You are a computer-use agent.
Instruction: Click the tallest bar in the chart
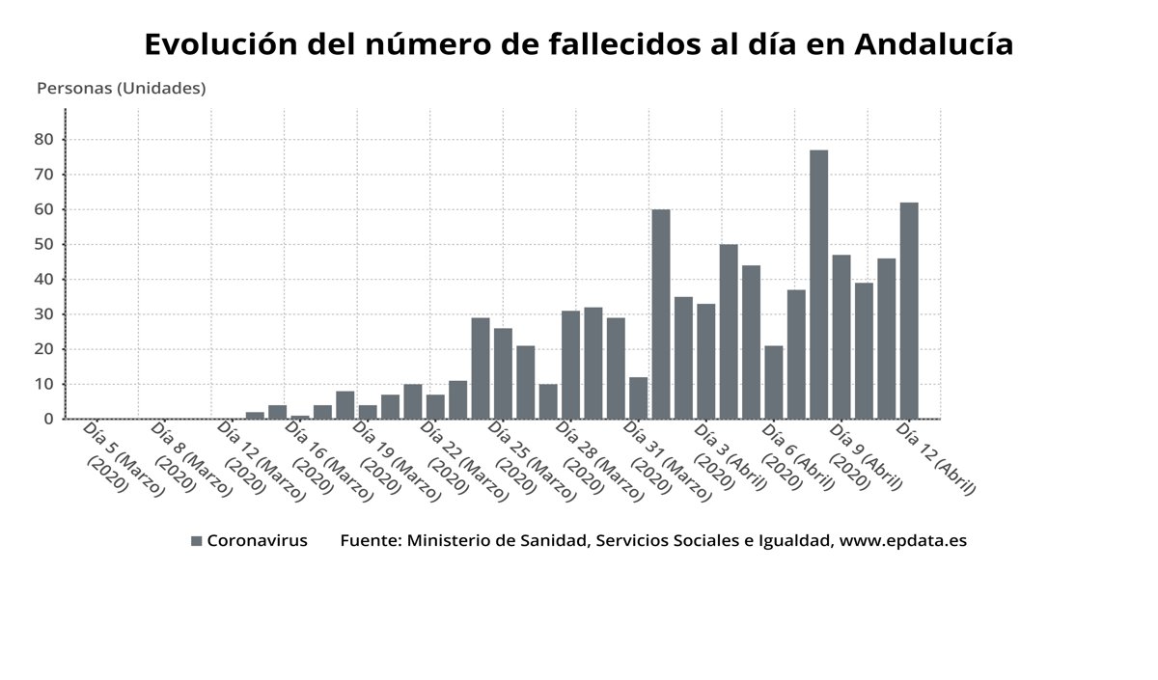[818, 285]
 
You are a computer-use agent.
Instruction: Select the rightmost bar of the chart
[909, 311]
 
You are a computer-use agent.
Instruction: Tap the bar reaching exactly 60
[661, 314]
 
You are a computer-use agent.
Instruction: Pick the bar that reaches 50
[729, 332]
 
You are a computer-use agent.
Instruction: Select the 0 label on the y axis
[46, 420]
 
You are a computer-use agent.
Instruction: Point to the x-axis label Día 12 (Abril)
[936, 458]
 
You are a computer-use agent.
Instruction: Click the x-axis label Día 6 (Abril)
[797, 457]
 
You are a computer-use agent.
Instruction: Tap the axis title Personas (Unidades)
[121, 89]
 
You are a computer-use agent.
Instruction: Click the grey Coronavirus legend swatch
[197, 541]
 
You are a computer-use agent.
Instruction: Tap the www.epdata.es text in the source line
[902, 541]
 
